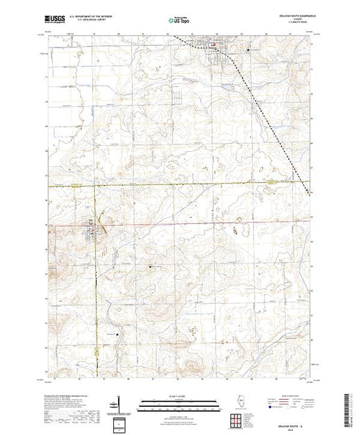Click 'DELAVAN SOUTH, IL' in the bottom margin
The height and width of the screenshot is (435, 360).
(x=297, y=423)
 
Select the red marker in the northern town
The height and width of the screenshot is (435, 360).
(x=214, y=47)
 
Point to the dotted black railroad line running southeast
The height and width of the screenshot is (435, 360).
(x=269, y=117)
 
